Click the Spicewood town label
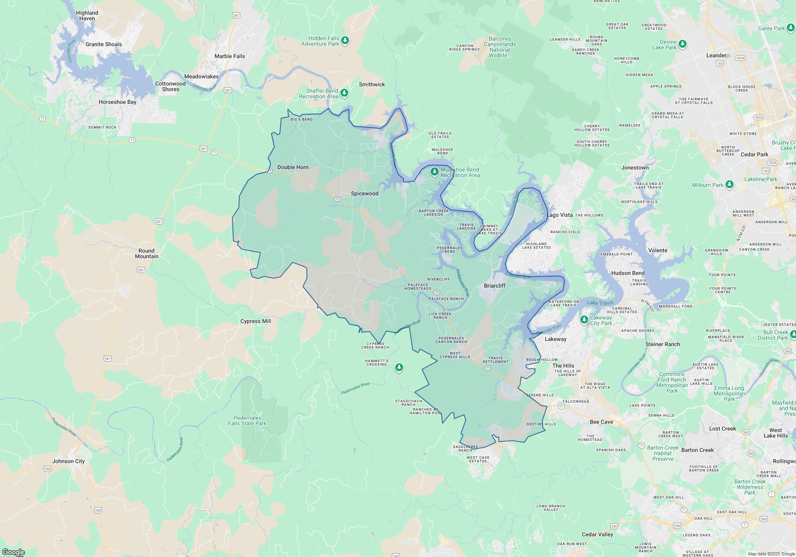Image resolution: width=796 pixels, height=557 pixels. (x=365, y=194)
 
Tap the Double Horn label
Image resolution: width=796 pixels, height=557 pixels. (x=293, y=167)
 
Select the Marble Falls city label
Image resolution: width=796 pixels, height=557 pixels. (x=230, y=56)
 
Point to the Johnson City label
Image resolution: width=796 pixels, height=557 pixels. (x=68, y=462)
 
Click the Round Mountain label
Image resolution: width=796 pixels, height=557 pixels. (x=146, y=254)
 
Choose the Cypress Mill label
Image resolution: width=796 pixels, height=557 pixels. (x=256, y=321)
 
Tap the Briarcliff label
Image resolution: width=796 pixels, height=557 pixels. (x=495, y=286)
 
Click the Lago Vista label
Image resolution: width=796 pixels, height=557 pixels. (x=560, y=215)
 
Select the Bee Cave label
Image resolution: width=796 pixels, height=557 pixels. (x=601, y=422)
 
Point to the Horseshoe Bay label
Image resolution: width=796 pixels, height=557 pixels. (x=117, y=102)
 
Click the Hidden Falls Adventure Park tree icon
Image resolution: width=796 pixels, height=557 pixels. (x=345, y=40)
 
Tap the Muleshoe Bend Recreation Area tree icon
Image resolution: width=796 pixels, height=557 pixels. (x=435, y=172)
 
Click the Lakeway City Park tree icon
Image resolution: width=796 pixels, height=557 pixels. (x=584, y=319)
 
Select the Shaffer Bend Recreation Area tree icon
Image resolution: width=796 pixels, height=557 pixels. (x=344, y=93)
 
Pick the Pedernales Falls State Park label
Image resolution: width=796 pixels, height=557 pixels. (x=247, y=421)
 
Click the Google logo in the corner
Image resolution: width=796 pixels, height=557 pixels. (x=14, y=552)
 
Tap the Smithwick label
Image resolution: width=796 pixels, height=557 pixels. (x=372, y=85)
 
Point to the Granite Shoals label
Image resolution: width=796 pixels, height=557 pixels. (x=103, y=45)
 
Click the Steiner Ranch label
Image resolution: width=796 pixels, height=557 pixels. (x=663, y=345)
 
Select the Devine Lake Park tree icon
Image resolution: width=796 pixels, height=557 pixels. (x=683, y=43)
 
